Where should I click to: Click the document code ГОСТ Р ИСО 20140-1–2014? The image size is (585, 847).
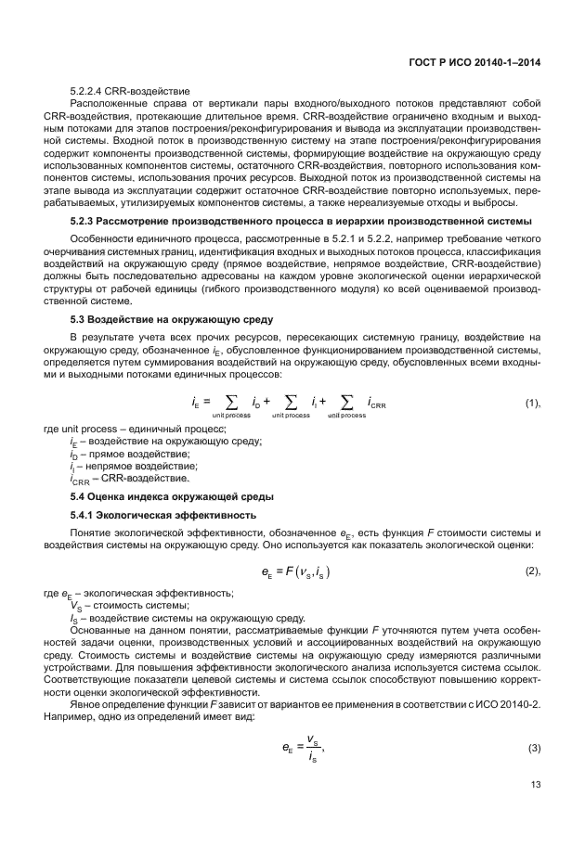474,61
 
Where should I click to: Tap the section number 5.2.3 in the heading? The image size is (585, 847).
85,220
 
